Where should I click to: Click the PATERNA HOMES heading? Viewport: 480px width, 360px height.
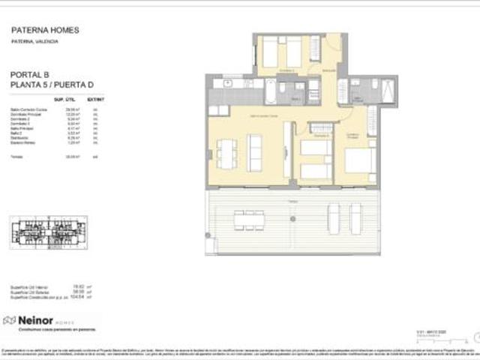tap(45, 31)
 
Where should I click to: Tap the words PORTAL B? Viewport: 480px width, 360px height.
tap(31, 76)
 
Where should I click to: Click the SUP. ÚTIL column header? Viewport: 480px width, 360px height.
tap(64, 99)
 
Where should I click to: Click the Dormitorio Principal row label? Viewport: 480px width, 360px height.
tap(25, 114)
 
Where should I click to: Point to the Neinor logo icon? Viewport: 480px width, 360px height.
tap(10, 320)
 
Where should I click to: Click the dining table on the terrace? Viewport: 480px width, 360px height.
tap(249, 220)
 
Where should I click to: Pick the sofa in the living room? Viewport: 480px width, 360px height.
tap(254, 153)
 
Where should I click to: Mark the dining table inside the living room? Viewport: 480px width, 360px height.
tap(225, 154)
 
